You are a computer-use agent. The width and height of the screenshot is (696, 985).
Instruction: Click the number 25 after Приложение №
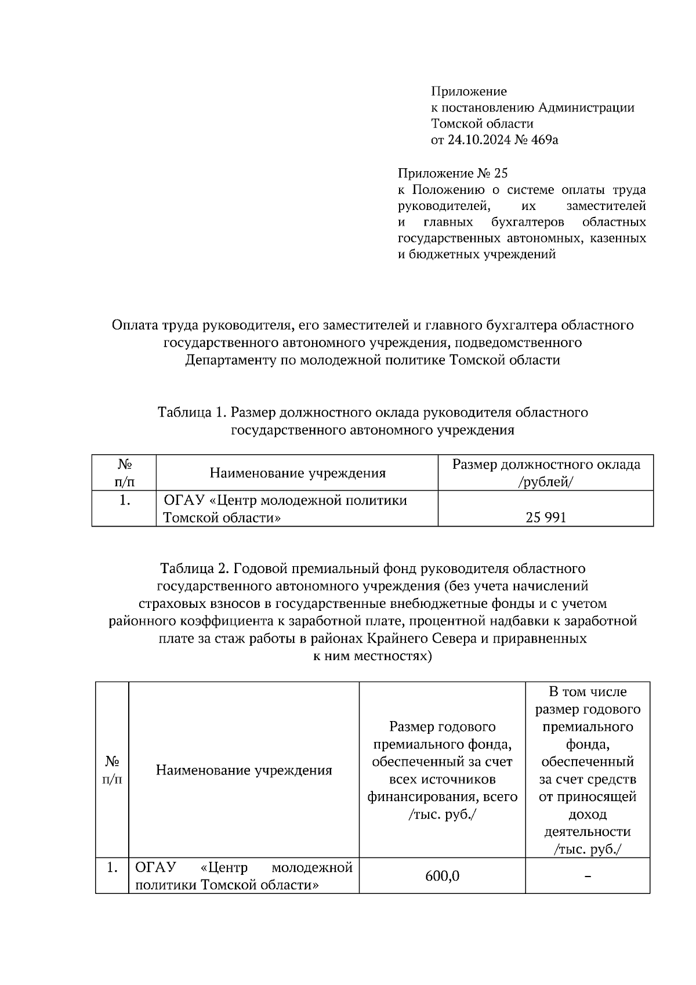click(x=501, y=173)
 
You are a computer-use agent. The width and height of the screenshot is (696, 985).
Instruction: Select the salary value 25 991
click(x=546, y=517)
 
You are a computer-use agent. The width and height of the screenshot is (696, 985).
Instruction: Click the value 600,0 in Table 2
click(x=442, y=876)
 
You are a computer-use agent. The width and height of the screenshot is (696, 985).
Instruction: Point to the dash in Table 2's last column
click(x=588, y=876)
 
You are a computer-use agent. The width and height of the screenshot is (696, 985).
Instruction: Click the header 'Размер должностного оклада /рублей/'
click(x=546, y=473)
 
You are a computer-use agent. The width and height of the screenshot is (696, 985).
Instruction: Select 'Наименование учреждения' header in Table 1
click(x=297, y=473)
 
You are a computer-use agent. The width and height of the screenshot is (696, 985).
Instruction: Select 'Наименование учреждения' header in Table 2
click(x=244, y=770)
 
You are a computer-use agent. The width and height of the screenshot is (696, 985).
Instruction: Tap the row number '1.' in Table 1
click(x=124, y=501)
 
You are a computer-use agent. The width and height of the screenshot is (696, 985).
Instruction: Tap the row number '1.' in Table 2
click(x=113, y=868)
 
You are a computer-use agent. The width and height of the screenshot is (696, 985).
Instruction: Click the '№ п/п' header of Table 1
click(x=124, y=473)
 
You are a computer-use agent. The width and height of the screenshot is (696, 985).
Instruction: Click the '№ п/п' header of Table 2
click(x=112, y=770)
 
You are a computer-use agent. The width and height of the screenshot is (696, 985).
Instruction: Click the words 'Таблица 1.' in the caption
click(x=191, y=412)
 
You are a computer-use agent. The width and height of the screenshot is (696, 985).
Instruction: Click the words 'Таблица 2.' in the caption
click(x=194, y=568)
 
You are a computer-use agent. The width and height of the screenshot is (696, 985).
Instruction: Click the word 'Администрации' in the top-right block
click(x=586, y=107)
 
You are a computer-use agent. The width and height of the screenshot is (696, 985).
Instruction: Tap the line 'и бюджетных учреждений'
click(x=476, y=254)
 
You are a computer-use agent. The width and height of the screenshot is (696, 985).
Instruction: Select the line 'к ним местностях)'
click(x=372, y=656)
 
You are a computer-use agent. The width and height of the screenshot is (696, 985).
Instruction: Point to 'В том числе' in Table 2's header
click(x=588, y=691)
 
